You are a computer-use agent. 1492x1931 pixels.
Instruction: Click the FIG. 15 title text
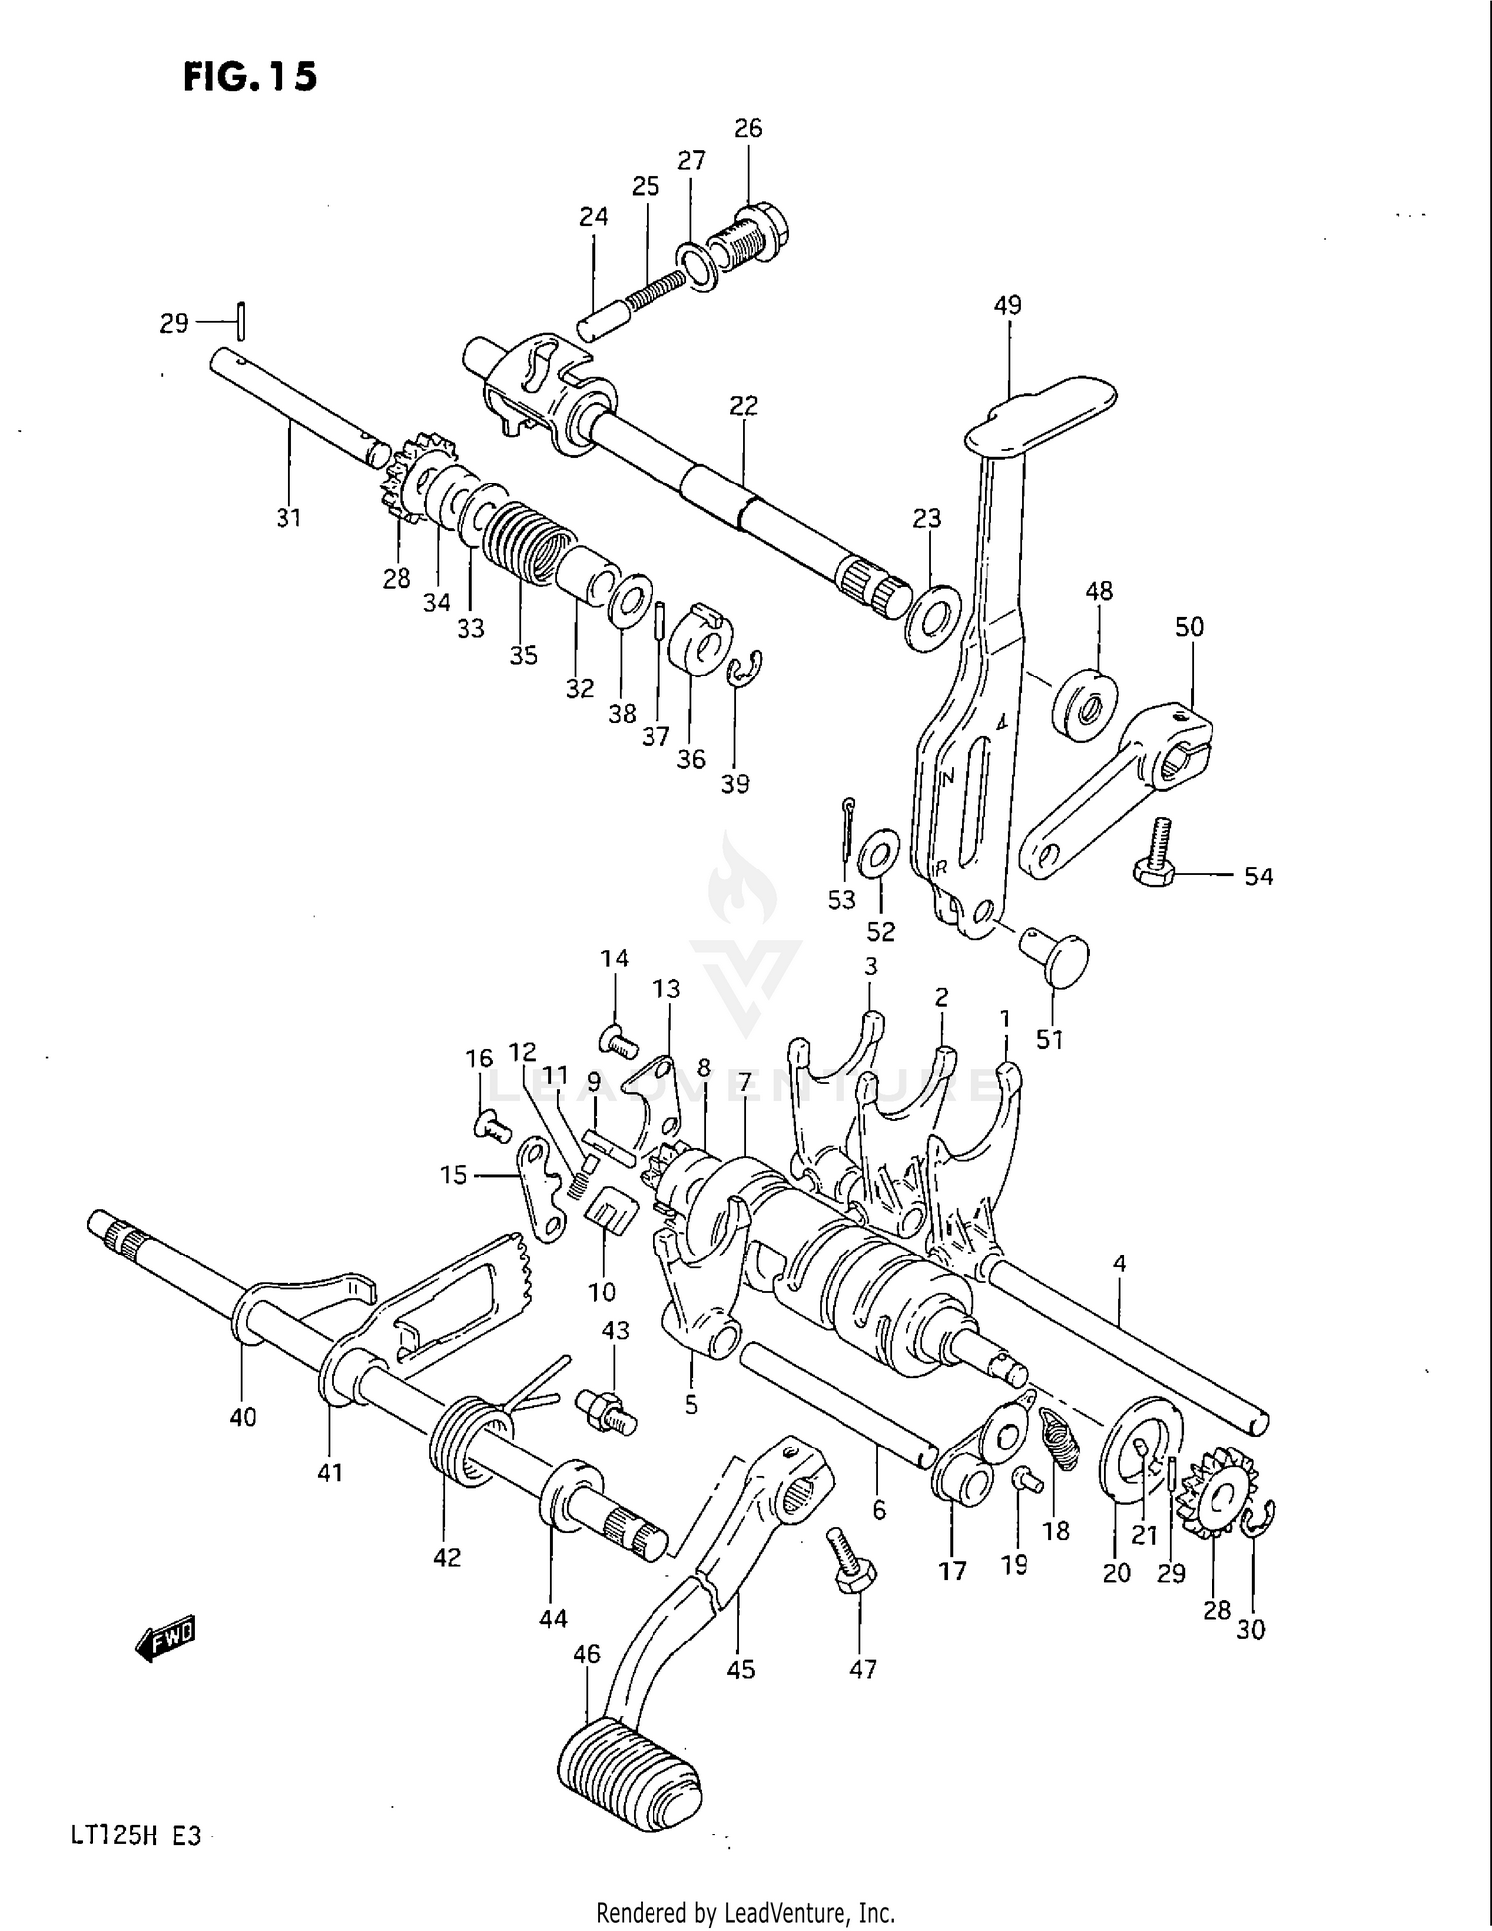pyautogui.click(x=250, y=76)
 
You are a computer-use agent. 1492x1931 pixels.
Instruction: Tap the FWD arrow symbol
pyautogui.click(x=166, y=1640)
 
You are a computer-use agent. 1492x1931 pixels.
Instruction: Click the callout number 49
pyautogui.click(x=1007, y=305)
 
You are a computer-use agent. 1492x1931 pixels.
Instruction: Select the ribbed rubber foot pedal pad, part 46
pyautogui.click(x=630, y=1781)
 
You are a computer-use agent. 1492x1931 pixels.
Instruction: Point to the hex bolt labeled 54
pyautogui.click(x=1157, y=856)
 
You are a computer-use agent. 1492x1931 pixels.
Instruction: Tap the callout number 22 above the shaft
pyautogui.click(x=743, y=405)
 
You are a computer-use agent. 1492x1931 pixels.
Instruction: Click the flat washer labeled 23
pyautogui.click(x=932, y=619)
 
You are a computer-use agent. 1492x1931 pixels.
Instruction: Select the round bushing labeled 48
pyautogui.click(x=1085, y=705)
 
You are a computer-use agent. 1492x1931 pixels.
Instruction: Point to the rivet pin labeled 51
pyautogui.click(x=1056, y=956)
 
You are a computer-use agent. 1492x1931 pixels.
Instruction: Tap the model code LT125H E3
pyautogui.click(x=135, y=1834)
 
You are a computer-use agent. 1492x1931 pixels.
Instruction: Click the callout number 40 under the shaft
pyautogui.click(x=242, y=1417)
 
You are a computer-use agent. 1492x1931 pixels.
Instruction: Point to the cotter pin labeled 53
pyautogui.click(x=846, y=825)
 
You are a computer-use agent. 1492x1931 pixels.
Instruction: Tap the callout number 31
pyautogui.click(x=288, y=517)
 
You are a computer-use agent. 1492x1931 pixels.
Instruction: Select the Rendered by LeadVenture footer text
pyautogui.click(x=745, y=1912)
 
